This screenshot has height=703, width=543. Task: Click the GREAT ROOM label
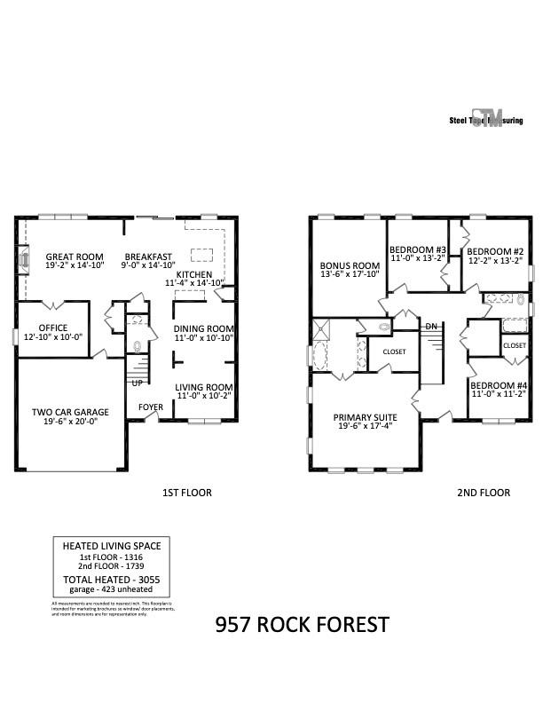coord(75,257)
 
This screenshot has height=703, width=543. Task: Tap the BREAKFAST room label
coord(148,257)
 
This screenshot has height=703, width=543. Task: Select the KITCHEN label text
coord(193,275)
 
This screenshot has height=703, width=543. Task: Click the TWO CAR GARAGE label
coord(70,412)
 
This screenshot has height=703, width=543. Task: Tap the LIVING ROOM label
coord(203,387)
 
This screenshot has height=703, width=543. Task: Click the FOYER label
coord(150,408)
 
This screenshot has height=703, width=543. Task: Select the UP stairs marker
coord(138,383)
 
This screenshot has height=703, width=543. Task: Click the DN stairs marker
coord(431,327)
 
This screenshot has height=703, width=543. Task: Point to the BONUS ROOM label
coord(350,265)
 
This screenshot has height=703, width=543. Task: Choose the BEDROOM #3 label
coord(418,250)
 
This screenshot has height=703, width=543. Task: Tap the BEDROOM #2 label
coord(495,251)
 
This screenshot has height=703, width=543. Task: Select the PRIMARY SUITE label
coord(365,417)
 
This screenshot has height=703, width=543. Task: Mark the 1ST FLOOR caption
coord(186,492)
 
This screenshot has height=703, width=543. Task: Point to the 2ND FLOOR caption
coord(484,492)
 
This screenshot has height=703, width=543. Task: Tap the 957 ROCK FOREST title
coord(302,625)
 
